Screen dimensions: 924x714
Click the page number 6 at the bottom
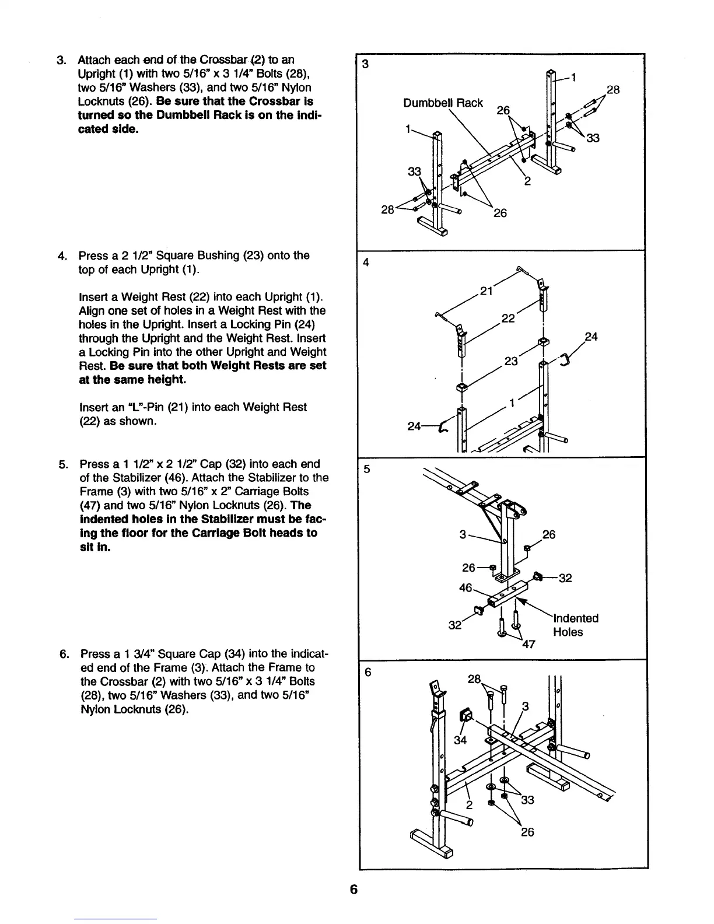[x=353, y=890]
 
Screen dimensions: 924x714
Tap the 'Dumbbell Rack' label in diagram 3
[x=443, y=103]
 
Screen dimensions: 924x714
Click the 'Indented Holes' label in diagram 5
[x=575, y=625]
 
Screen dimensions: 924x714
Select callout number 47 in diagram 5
[x=529, y=645]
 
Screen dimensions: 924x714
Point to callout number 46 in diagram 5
[x=466, y=588]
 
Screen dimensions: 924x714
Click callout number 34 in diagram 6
[x=461, y=741]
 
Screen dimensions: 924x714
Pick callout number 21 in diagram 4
[x=487, y=291]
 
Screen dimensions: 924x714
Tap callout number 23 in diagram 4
[x=511, y=361]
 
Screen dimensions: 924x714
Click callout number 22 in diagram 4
[x=508, y=318]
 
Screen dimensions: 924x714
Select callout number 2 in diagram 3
[x=527, y=181]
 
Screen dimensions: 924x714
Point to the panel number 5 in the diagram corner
[x=366, y=468]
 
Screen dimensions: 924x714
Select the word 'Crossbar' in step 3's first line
[x=212, y=60]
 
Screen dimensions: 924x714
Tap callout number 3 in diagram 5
[x=462, y=534]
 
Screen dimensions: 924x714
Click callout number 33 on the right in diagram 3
[x=593, y=138]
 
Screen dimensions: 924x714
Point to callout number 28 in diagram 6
[x=475, y=680]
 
